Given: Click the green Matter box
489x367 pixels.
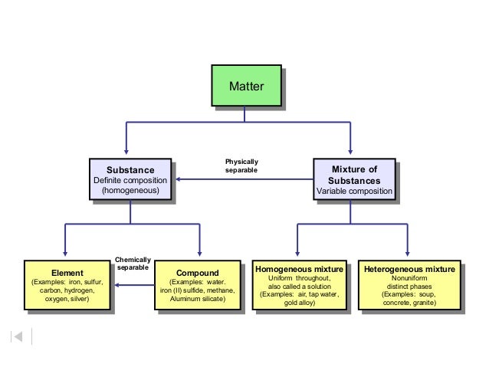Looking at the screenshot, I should [x=244, y=87].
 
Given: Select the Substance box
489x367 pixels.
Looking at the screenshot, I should [x=130, y=179].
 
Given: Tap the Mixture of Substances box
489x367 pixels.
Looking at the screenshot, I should [x=354, y=179].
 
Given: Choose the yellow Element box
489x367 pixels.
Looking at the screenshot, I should [x=67, y=286].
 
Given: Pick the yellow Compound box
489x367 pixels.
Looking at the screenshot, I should [x=197, y=286].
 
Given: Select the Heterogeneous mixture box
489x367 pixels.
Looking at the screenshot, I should [x=409, y=286].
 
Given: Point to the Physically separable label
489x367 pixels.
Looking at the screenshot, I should [x=241, y=165].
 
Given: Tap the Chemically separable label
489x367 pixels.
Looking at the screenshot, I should [x=133, y=264].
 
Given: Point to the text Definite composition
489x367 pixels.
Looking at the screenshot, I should [x=130, y=180].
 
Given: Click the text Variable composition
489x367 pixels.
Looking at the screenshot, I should [x=354, y=190].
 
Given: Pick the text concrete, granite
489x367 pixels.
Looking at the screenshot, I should [x=409, y=303].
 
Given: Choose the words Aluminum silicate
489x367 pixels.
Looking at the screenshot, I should [x=197, y=299].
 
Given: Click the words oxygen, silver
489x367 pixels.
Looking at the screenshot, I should [x=67, y=299].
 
